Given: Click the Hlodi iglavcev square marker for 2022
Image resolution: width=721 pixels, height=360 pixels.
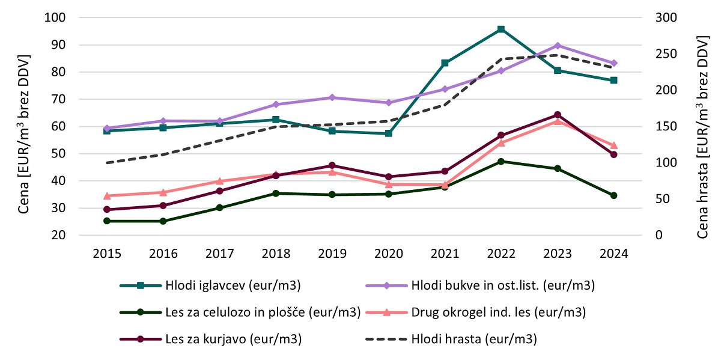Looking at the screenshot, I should coord(500,29).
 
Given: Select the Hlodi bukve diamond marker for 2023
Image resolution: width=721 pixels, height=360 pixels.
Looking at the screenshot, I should coord(558,46).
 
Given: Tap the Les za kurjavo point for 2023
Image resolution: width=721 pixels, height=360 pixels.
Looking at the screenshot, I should coord(558,115).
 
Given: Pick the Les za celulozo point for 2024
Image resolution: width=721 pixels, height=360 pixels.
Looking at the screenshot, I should coord(613,195).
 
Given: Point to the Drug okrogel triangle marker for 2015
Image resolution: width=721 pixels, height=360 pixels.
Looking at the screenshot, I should coord(107,196).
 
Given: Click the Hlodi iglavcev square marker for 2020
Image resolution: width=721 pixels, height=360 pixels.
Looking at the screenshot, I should coord(388,133).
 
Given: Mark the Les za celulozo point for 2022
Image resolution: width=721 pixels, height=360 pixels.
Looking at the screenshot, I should coord(500,161).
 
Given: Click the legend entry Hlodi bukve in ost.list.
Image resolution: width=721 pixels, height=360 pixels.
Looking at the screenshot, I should coord(502,286).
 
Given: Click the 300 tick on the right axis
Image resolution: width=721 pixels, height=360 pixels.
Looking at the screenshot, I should coord(666,17).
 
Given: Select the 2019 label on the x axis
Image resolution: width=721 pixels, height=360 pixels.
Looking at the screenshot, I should coord(332,254).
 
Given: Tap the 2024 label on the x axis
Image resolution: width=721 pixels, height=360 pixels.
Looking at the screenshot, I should coord(613,254).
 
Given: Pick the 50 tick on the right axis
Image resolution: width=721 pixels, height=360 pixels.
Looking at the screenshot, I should coord(663,199).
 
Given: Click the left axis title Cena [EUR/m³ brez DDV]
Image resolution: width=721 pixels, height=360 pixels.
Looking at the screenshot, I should coord(24,126).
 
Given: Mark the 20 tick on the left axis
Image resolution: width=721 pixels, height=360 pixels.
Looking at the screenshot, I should coord(58,236).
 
